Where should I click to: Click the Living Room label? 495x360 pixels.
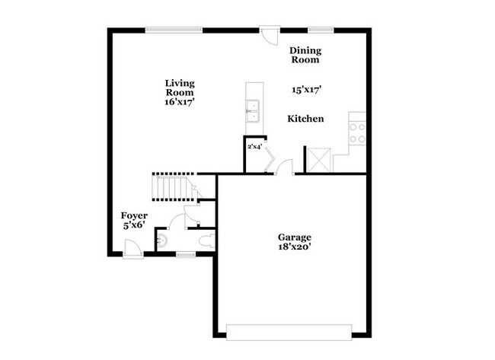coord(180,88)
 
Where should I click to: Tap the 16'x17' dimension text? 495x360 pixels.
coord(179,102)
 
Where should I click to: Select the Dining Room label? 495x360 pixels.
coord(305,56)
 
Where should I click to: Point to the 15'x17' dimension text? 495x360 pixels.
coord(307,90)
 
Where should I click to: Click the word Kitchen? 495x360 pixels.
coord(305,119)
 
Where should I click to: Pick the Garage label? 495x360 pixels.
coord(295,237)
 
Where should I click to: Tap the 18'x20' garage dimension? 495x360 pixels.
coord(295,247)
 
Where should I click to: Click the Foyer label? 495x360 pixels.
coord(134,216)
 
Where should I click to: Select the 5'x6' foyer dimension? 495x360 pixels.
coord(134,225)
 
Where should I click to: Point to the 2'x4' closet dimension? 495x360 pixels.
coord(254,146)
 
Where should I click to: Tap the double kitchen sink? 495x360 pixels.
coord(253,111)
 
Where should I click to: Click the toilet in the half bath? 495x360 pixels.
coord(207,241)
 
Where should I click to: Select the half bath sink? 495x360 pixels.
coord(162,241)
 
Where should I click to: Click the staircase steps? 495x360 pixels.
coord(173,187)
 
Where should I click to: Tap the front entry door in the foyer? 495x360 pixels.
coord(133,248)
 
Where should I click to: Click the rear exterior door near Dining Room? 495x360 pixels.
coord(270,35)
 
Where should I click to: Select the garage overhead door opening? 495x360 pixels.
coord(289,333)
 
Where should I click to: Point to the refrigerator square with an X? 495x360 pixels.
coord(319,160)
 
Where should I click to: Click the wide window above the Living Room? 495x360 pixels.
coord(174,30)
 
